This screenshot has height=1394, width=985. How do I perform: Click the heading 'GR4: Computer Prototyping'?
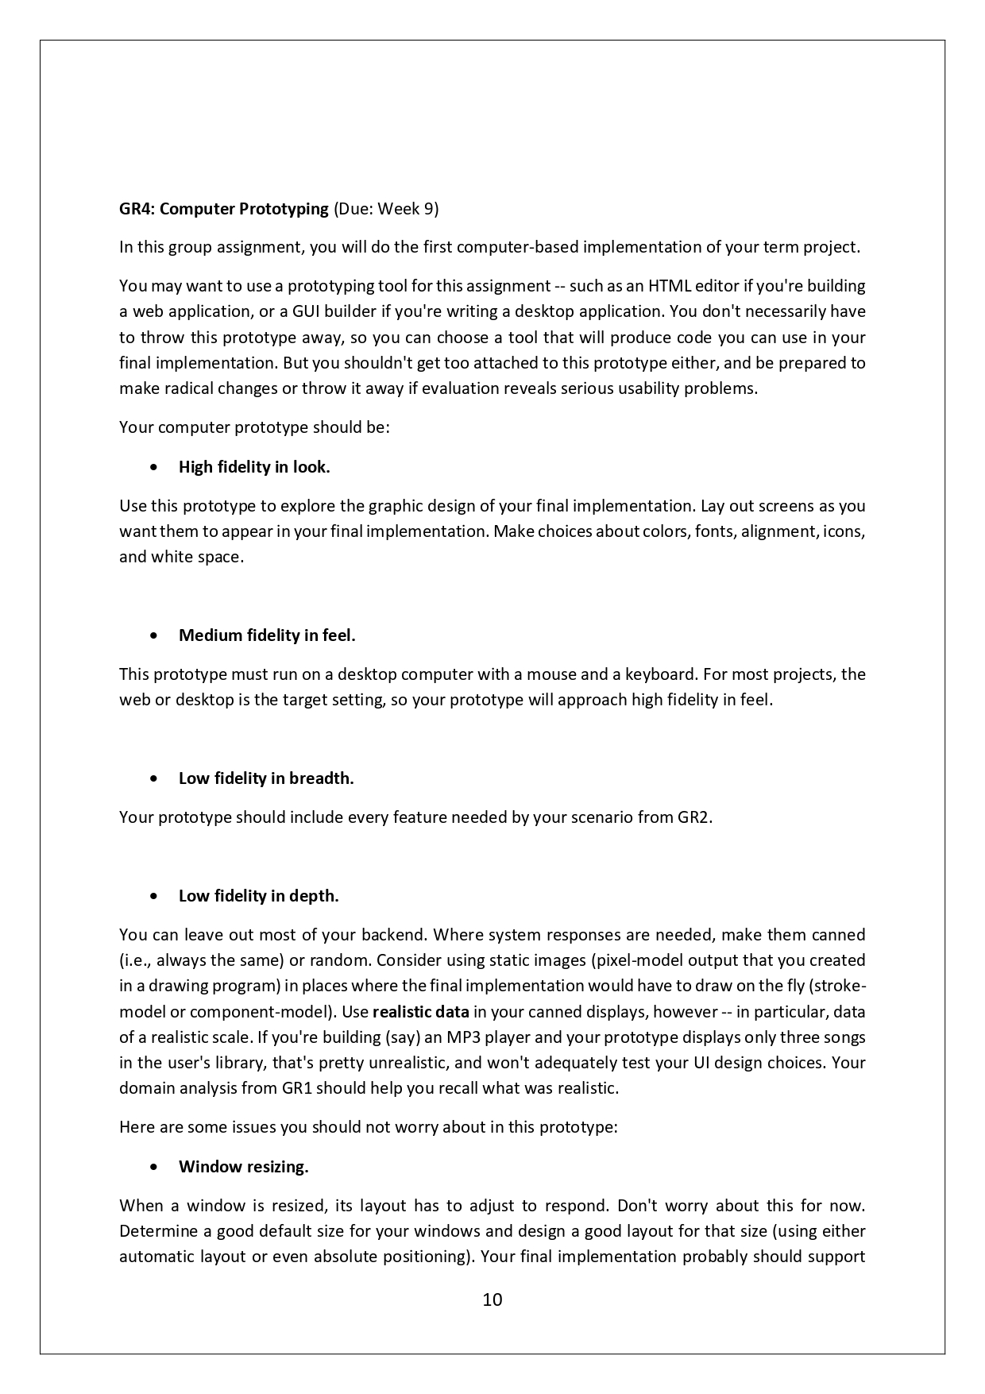(x=223, y=209)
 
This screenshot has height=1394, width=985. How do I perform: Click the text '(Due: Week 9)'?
(x=385, y=209)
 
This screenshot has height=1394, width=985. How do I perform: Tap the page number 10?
(x=492, y=1300)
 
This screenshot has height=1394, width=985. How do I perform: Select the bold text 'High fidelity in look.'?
(x=254, y=467)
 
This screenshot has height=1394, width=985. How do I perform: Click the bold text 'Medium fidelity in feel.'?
(x=267, y=635)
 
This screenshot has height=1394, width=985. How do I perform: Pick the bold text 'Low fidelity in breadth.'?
(x=266, y=778)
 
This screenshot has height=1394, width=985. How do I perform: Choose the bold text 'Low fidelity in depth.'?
(x=258, y=896)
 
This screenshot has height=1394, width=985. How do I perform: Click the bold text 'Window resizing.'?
(x=243, y=1167)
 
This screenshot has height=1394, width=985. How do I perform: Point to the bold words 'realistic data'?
(x=420, y=1012)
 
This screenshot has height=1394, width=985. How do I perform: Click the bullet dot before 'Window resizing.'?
(x=153, y=1168)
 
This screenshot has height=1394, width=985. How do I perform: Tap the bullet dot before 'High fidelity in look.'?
(x=153, y=468)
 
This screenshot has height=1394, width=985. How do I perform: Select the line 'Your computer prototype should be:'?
(x=254, y=427)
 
